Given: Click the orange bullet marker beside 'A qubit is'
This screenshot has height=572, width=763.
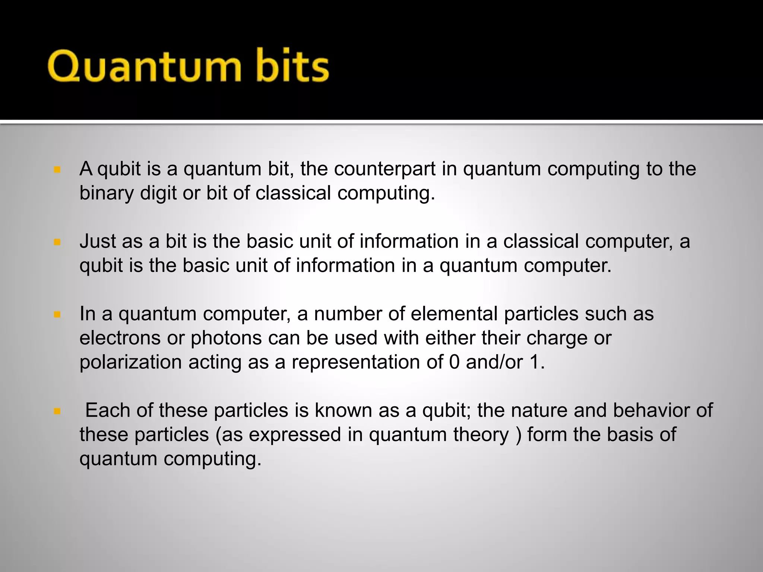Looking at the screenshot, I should [x=57, y=170].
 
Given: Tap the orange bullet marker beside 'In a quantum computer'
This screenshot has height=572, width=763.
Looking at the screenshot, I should [x=57, y=315].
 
